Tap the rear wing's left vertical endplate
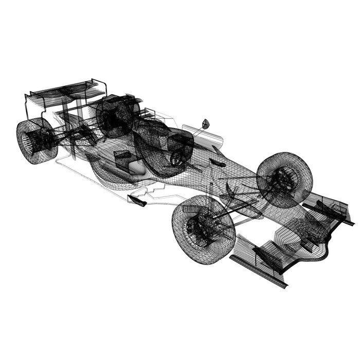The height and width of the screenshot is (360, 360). click(x=26, y=105)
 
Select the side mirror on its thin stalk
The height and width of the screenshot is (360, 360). click(x=205, y=124)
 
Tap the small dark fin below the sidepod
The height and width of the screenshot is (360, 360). click(x=137, y=201)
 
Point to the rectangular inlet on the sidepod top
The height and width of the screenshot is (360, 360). click(x=123, y=154)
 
